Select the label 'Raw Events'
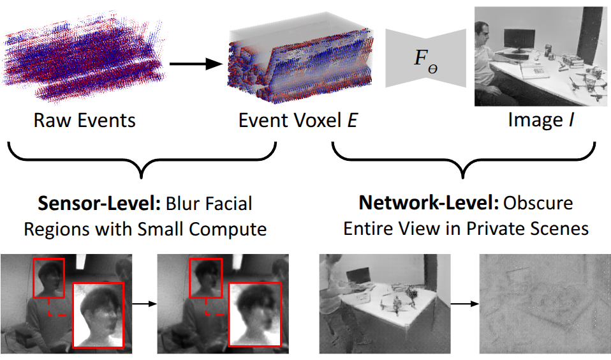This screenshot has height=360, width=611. (84, 119)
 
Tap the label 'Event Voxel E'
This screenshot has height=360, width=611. (298, 119)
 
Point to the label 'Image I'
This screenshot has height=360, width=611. (541, 119)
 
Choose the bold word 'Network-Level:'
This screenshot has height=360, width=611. (429, 204)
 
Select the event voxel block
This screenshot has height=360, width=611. (300, 64)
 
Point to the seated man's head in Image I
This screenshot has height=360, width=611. (483, 31)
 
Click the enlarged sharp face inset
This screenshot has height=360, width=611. (98, 315)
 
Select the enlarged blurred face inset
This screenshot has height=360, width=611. (254, 315)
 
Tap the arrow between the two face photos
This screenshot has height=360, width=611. (144, 303)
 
